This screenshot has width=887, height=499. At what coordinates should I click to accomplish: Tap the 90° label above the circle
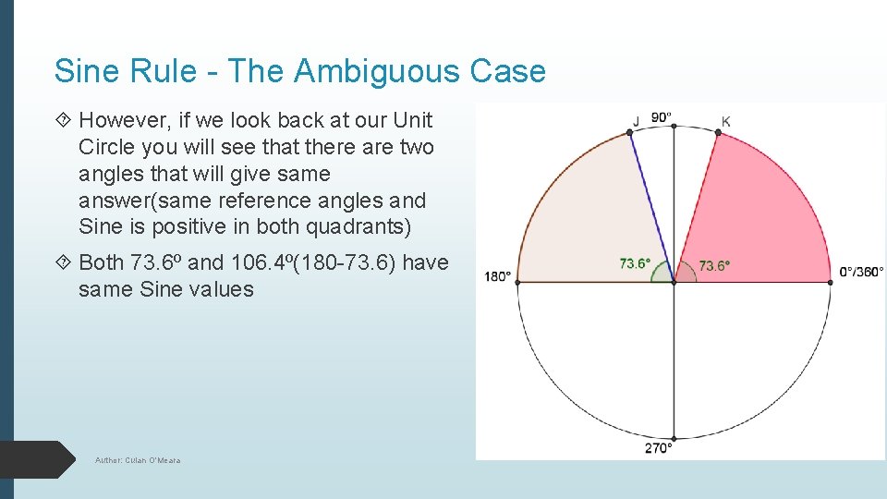coord(662,117)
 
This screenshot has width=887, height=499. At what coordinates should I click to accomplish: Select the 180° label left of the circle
coord(496,275)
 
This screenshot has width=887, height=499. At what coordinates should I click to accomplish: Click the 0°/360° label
coord(859,272)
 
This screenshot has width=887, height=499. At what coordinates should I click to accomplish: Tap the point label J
coord(636,120)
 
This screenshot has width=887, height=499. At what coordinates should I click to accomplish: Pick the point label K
coord(725,121)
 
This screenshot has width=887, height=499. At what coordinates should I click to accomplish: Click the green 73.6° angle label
coord(634,263)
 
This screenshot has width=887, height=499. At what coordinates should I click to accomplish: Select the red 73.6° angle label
coord(713,265)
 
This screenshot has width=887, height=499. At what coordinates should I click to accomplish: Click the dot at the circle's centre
coord(674,282)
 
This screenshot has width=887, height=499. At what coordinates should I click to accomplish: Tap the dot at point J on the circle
coord(630,132)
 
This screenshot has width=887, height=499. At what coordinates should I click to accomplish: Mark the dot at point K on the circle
coord(718,133)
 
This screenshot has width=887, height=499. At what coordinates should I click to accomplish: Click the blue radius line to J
coord(651,207)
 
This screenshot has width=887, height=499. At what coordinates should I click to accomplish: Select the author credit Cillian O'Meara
coord(138,459)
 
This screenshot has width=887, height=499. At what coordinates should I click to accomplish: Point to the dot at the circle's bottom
coord(674,438)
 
